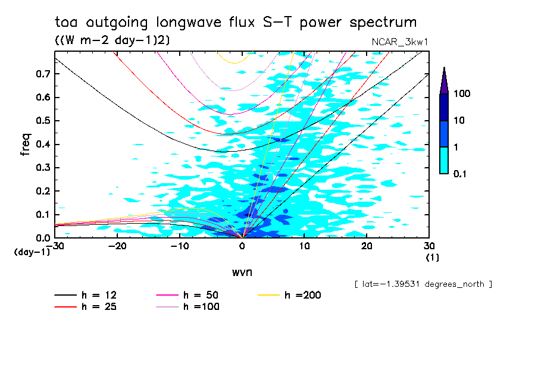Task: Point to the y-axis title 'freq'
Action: point(25,145)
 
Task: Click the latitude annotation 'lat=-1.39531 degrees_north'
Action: point(423,284)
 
